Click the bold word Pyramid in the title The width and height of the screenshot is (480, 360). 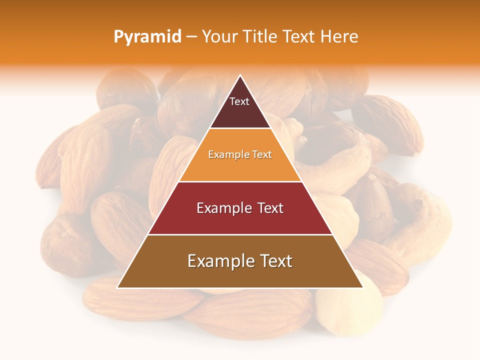pyautogui.click(x=147, y=37)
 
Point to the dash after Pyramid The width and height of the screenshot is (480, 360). pyautogui.click(x=191, y=37)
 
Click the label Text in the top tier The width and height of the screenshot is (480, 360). pyautogui.click(x=239, y=101)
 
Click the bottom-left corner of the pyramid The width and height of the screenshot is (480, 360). pyautogui.click(x=117, y=287)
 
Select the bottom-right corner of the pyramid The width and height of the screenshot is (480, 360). pyautogui.click(x=363, y=287)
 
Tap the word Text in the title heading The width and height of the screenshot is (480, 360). pyautogui.click(x=299, y=37)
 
